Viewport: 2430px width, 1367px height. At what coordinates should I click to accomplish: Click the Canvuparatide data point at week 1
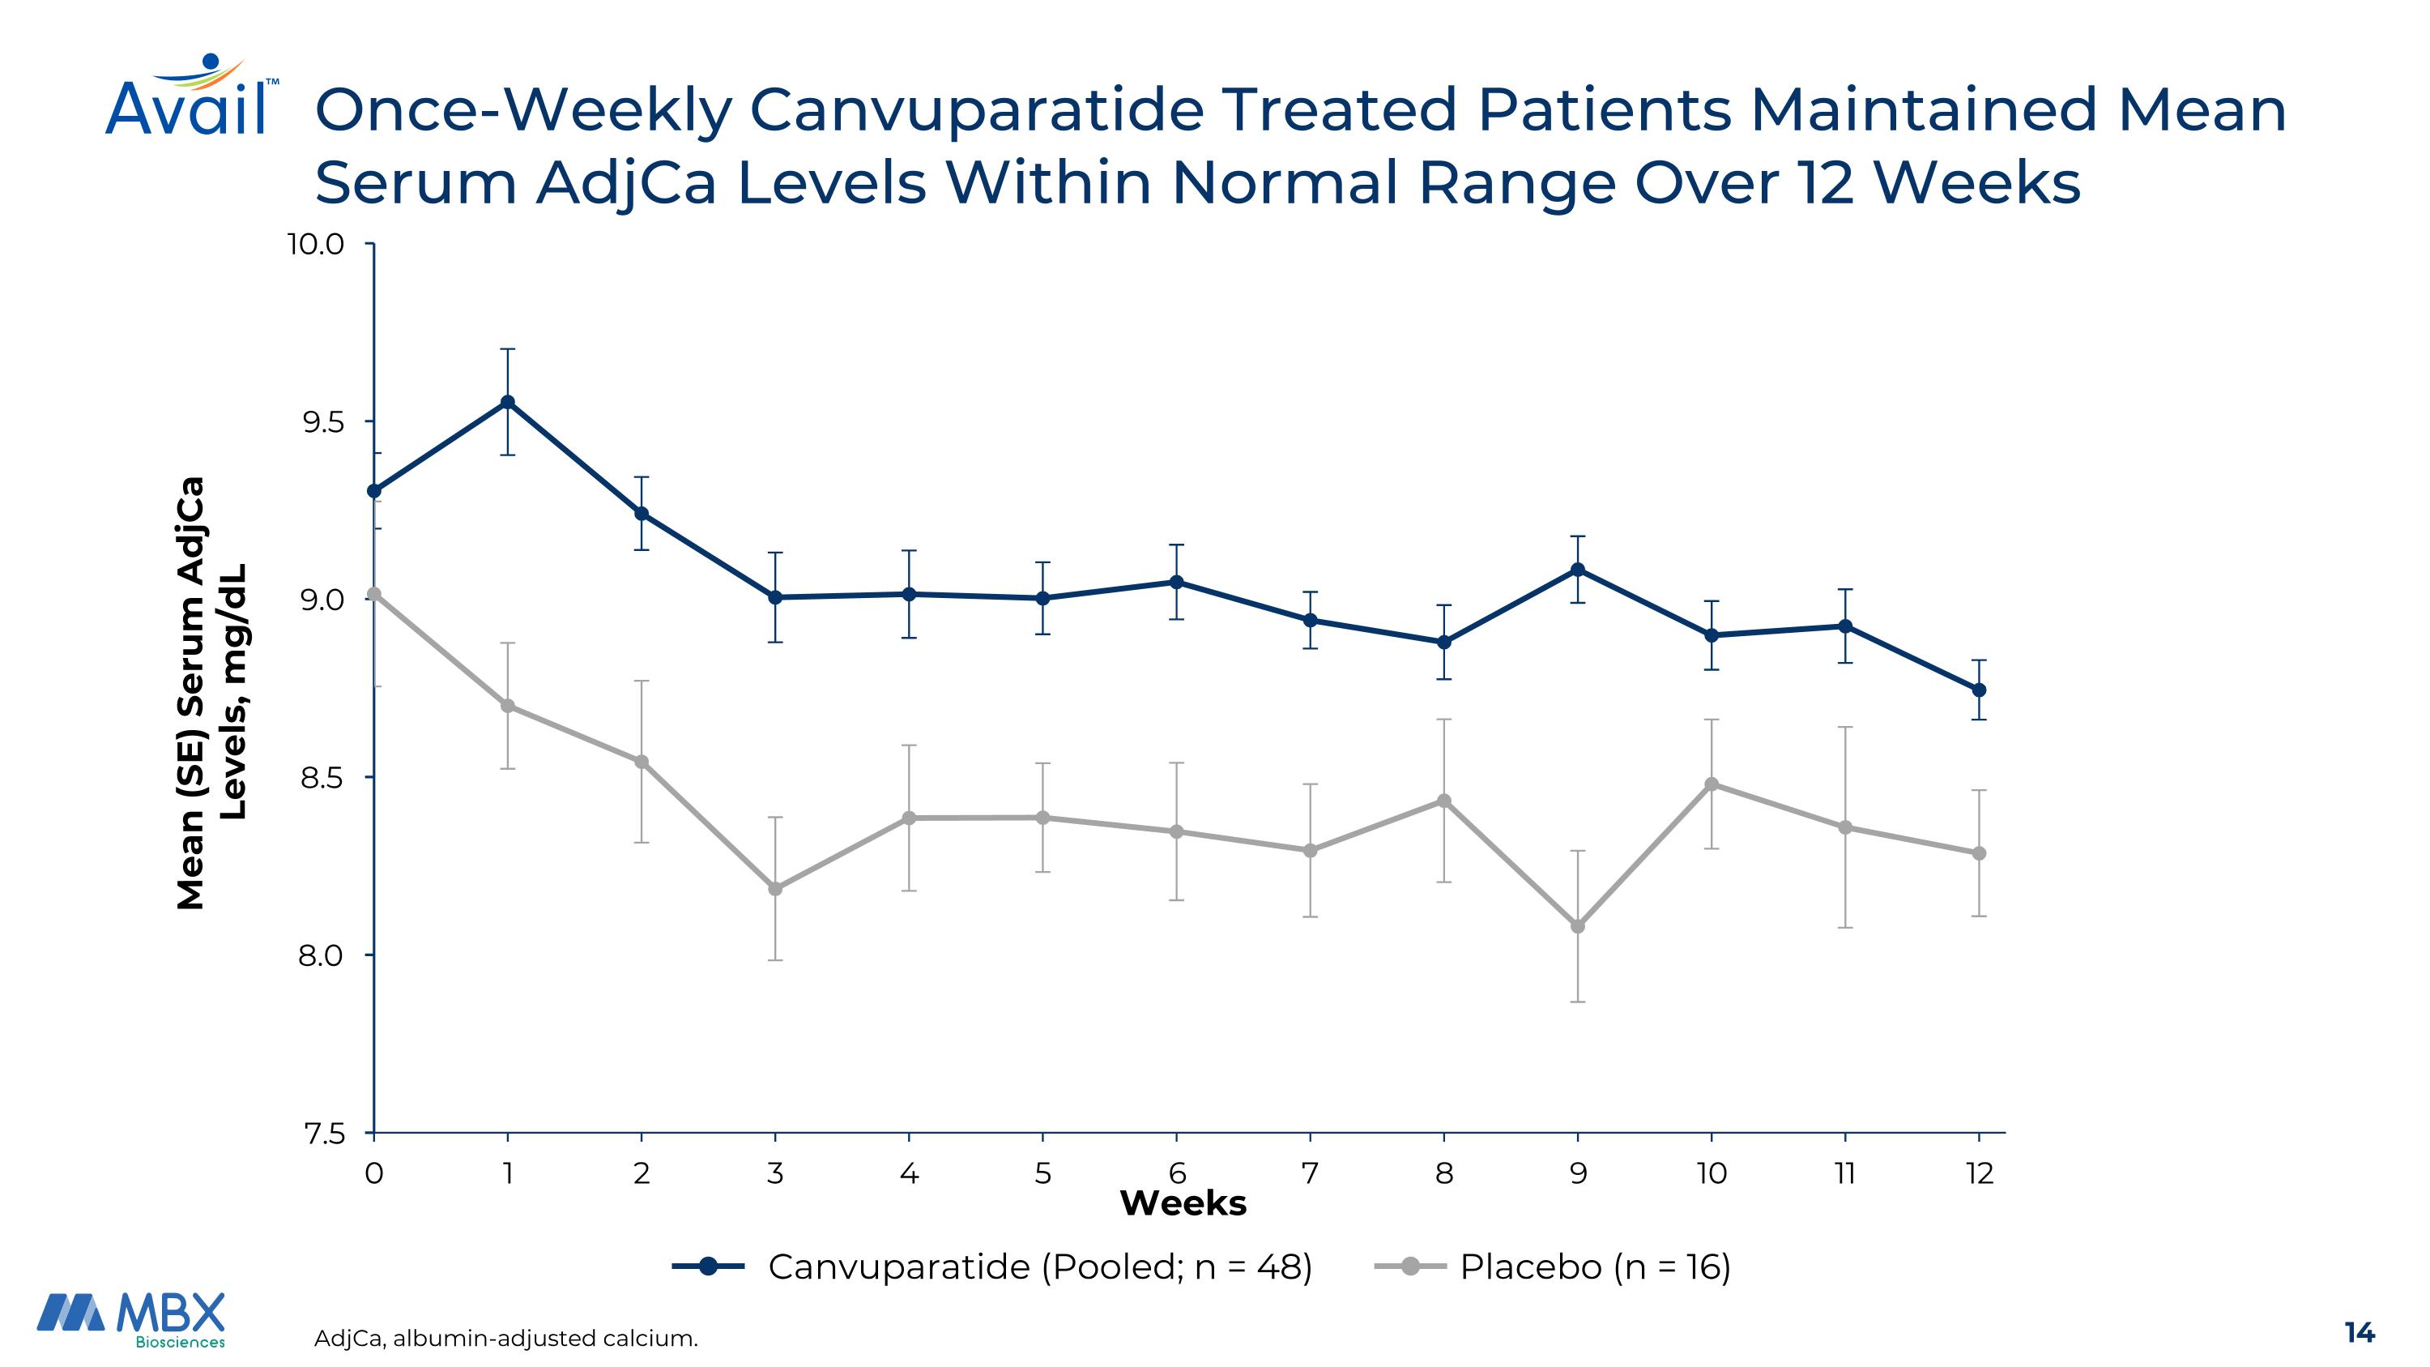coord(508,402)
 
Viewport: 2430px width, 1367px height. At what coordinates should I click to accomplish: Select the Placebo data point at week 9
coord(1577,926)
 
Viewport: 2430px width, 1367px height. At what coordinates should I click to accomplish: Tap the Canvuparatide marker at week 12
coord(1979,690)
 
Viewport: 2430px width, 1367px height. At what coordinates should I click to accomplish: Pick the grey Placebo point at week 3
coord(775,889)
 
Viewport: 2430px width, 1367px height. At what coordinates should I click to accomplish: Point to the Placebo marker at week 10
coord(1712,784)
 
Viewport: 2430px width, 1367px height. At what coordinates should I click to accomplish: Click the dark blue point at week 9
coord(1577,570)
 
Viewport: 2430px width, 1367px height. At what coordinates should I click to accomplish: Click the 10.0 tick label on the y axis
coord(316,246)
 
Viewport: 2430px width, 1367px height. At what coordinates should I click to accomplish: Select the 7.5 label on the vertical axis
coord(322,1134)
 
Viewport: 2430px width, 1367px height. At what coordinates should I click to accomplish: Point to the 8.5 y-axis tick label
coord(322,779)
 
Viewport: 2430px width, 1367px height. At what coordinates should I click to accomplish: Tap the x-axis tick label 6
coord(1176,1173)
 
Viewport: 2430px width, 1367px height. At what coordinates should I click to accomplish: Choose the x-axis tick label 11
coord(1845,1173)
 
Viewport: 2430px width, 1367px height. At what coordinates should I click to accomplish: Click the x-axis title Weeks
coord(1183,1204)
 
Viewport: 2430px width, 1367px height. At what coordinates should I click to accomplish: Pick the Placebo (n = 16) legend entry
coord(1594,1266)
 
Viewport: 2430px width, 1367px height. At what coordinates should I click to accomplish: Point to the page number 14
coord(2360,1332)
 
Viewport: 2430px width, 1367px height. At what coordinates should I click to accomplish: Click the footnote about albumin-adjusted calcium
coord(505,1338)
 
